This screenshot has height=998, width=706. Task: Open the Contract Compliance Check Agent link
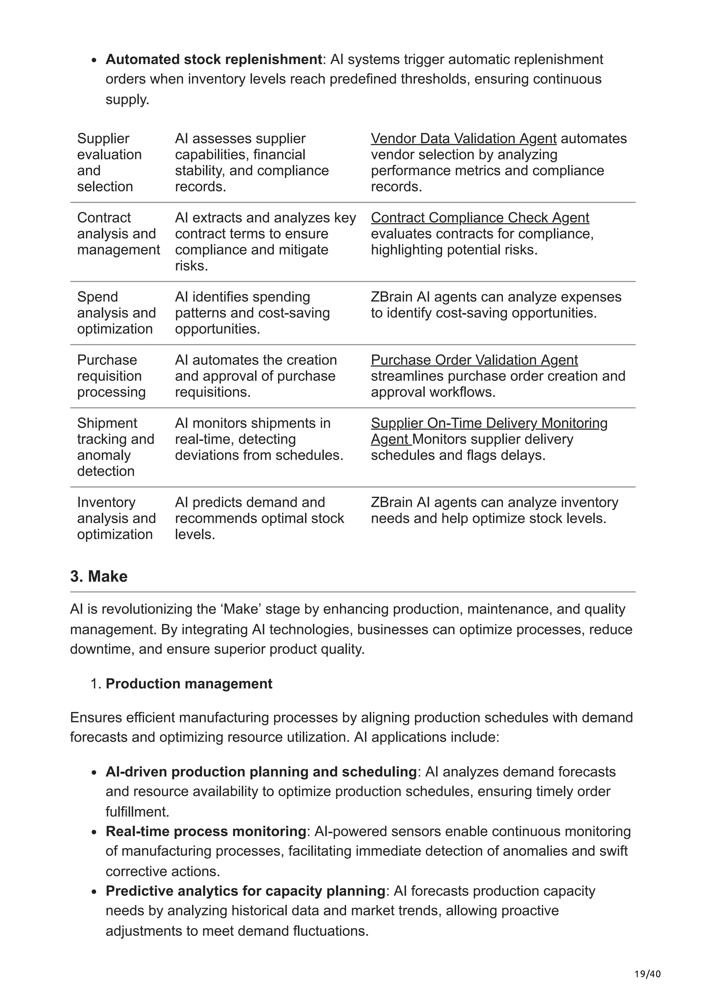(480, 218)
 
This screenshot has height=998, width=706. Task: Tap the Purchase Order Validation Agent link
(474, 360)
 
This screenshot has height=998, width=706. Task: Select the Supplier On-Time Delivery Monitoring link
(489, 423)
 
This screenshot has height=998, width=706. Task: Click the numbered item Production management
(189, 684)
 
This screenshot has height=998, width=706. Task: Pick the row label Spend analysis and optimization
(116, 313)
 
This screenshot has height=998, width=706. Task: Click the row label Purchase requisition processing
(111, 376)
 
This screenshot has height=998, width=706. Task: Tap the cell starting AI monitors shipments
(259, 439)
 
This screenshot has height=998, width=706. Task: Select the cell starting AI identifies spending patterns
(252, 313)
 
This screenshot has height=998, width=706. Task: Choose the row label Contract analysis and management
(118, 234)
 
